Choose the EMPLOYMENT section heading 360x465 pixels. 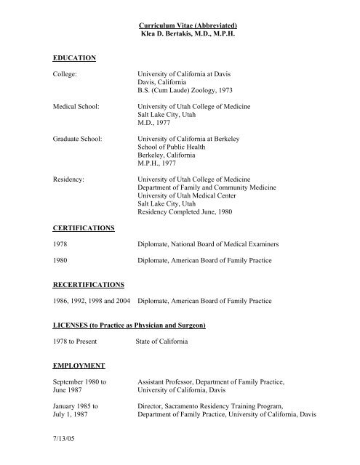click(x=79, y=365)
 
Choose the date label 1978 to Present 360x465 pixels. click(x=79, y=346)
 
